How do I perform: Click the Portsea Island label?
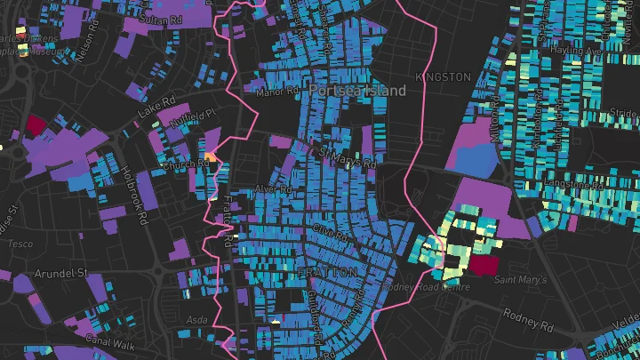(x=357, y=91)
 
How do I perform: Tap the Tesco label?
(x=20, y=243)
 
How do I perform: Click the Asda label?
(x=197, y=317)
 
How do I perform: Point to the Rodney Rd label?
(x=528, y=315)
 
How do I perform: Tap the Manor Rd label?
(x=274, y=92)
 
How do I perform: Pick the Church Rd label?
(x=179, y=164)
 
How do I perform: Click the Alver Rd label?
(x=273, y=189)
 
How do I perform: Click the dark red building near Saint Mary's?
(x=484, y=265)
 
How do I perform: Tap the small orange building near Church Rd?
(x=211, y=156)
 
